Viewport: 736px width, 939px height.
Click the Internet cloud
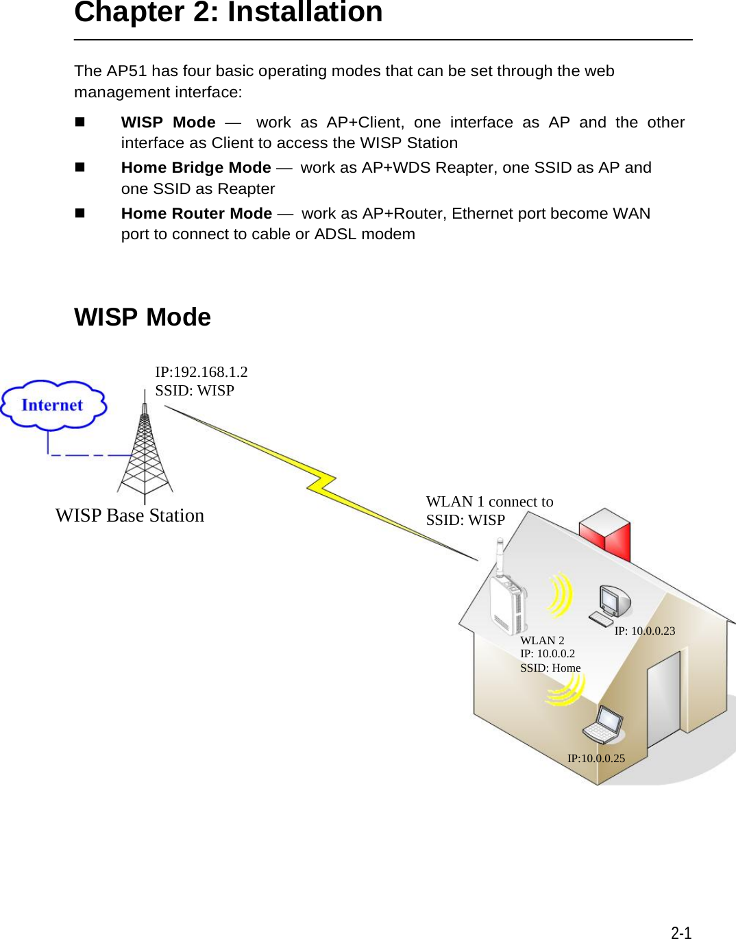click(x=53, y=405)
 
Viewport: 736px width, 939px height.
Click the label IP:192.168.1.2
click(x=201, y=372)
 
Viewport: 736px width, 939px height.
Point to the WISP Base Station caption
click(x=130, y=515)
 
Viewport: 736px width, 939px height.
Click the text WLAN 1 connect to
click(x=489, y=502)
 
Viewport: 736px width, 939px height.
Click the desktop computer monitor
click(x=614, y=600)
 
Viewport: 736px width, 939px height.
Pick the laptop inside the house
click(x=604, y=725)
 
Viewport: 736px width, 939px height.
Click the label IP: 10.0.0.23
click(x=644, y=631)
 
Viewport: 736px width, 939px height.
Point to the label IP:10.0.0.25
click(x=596, y=758)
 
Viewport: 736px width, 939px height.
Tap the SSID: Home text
click(x=550, y=668)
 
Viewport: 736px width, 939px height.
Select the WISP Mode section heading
click(x=143, y=317)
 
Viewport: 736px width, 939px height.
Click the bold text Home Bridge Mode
click(x=196, y=168)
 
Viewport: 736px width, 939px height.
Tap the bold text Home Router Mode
click(x=197, y=214)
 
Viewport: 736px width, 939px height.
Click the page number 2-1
click(x=680, y=932)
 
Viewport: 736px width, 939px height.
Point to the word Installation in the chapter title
click(x=305, y=12)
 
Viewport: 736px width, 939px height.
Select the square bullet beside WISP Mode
click(x=79, y=122)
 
